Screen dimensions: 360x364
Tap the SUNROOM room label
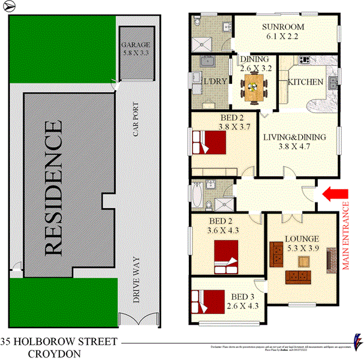pos(284,27)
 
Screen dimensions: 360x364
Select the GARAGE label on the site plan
pos(136,45)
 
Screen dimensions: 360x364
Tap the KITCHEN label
pos(306,82)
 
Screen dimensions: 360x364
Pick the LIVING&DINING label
pos(294,137)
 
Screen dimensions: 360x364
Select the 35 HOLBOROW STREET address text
pos(58,342)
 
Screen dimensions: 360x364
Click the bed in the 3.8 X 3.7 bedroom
pos(209,143)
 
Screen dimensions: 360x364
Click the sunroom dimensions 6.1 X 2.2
pos(283,37)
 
